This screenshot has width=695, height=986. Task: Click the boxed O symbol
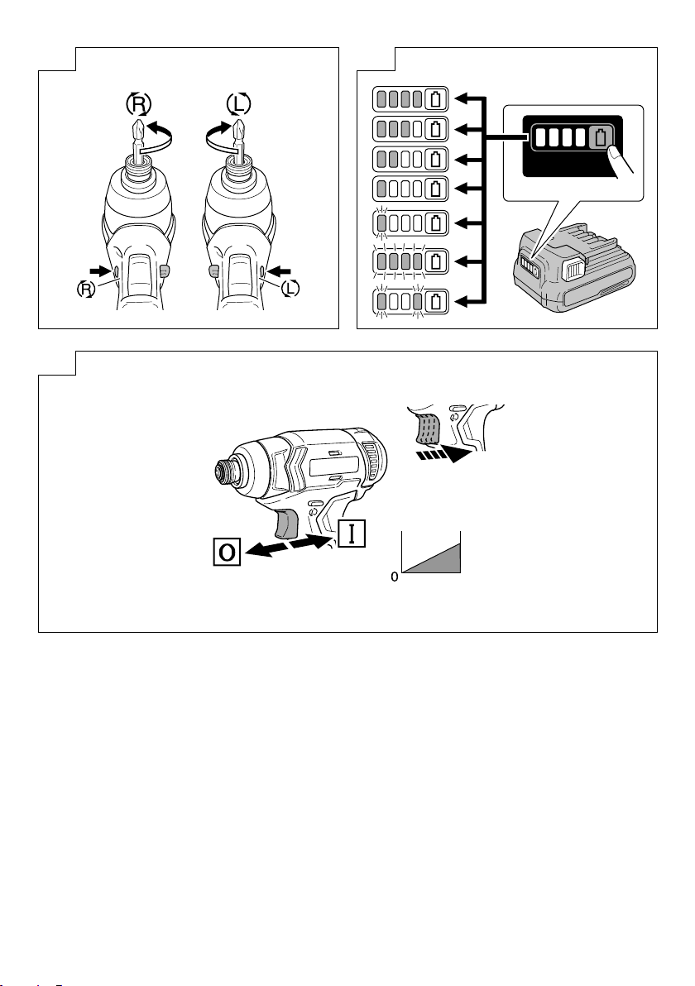[224, 551]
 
